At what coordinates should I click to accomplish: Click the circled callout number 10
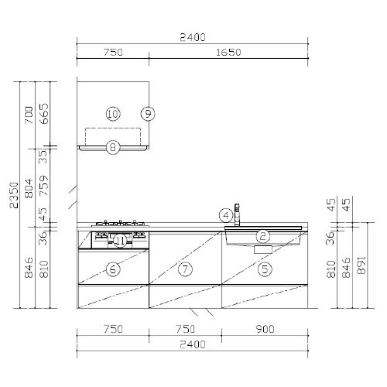(x=113, y=114)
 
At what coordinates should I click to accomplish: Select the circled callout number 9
(x=148, y=114)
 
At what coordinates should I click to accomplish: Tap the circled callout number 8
(x=113, y=148)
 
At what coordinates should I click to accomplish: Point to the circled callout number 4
(x=226, y=215)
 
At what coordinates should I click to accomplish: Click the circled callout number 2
(x=263, y=236)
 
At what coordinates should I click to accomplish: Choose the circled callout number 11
(x=120, y=241)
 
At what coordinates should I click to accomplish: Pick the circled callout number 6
(x=113, y=269)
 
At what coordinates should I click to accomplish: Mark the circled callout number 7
(x=185, y=269)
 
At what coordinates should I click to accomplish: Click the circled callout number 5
(x=265, y=269)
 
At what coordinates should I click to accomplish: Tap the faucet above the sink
(x=237, y=214)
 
